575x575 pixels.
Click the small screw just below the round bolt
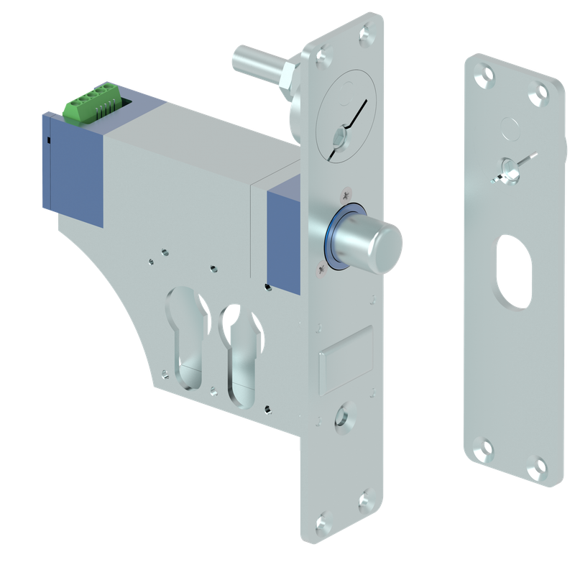[321, 269]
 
